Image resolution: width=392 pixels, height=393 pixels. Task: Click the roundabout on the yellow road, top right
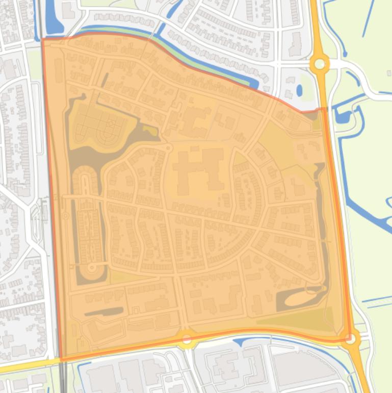pos(320,64)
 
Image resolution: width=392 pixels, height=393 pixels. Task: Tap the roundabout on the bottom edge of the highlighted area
pos(187,338)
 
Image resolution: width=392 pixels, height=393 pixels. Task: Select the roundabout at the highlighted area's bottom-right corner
pos(350,338)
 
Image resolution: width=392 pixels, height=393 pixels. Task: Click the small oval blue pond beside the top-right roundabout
pos(299,90)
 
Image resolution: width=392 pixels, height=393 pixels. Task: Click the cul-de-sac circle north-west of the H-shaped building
pos(169,148)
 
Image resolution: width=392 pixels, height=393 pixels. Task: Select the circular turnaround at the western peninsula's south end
pos(92,267)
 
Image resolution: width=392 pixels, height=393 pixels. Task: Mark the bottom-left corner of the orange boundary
pos(61,360)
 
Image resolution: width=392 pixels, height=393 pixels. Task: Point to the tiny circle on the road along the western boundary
pos(65,216)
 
